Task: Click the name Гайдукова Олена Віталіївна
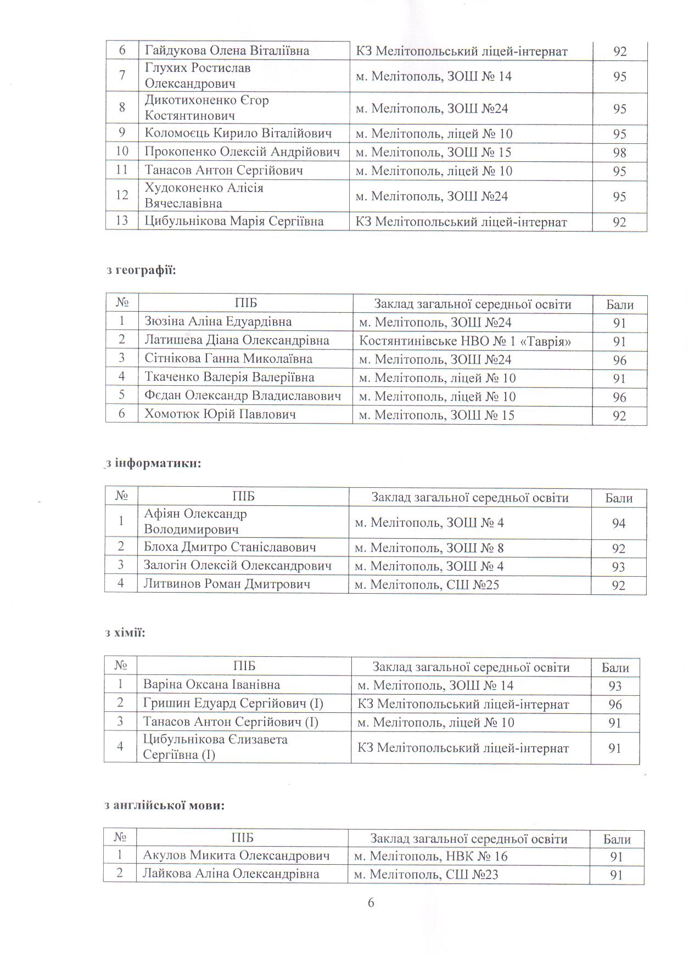coord(227,50)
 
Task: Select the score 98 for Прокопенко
coord(619,153)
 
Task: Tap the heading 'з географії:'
coord(141,270)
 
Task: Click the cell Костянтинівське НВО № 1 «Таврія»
coord(465,341)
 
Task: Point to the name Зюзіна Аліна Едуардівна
coord(218,322)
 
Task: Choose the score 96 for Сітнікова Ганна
coord(619,360)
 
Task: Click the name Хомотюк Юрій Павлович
coord(220,414)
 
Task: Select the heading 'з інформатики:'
coord(153,463)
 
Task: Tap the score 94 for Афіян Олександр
coord(619,523)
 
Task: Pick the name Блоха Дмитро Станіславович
coord(229,547)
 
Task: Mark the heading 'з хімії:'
coord(125,633)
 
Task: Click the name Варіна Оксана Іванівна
coord(211,684)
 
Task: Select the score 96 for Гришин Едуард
coord(615,705)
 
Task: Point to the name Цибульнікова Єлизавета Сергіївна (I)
coord(215,747)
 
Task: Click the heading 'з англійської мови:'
coord(164,806)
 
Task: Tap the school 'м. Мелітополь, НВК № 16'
coord(431,855)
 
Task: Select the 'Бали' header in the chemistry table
coord(615,668)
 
